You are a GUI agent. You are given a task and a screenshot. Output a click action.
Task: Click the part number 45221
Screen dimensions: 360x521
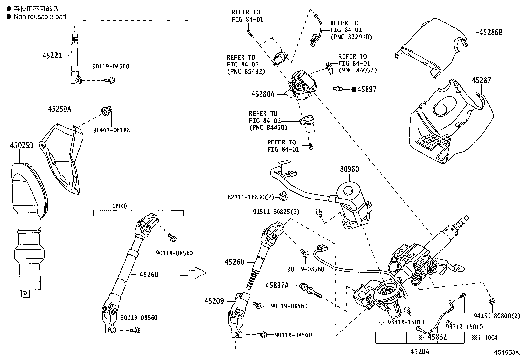coord(52,56)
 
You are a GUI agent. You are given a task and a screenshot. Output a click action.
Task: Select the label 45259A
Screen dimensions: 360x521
coord(60,109)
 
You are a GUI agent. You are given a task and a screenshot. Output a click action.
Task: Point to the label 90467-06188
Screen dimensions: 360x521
coord(111,130)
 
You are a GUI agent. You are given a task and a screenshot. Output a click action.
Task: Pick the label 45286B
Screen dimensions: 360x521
coord(491,32)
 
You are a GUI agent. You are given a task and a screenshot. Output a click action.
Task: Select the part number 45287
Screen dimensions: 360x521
coord(481,80)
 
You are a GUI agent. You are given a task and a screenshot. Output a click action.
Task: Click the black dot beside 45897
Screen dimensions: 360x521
coord(354,89)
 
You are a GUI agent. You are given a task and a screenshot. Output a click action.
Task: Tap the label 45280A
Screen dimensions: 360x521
coord(263,94)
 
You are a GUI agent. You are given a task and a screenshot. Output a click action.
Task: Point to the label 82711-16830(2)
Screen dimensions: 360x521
coord(251,197)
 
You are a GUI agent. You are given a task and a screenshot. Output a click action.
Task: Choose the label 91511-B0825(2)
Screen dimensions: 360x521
coord(276,212)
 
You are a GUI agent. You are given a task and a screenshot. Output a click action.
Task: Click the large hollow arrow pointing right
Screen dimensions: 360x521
coord(193,273)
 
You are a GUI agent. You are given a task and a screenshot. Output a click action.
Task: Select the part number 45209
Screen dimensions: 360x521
coord(214,301)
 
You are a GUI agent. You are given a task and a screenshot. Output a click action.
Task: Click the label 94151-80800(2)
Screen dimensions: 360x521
coord(497,316)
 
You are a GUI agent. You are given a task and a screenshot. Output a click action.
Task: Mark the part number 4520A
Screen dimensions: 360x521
coord(420,351)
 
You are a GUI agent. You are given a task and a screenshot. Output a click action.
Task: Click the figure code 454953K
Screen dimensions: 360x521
coord(507,353)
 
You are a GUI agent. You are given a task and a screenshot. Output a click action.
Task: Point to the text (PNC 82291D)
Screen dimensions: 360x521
coord(351,37)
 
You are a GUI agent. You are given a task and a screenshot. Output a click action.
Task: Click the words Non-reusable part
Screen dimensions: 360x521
coord(40,16)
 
